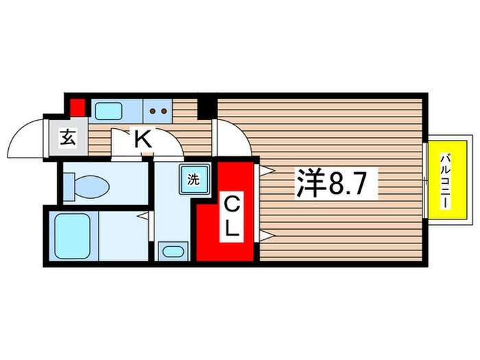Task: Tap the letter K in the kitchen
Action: [142, 139]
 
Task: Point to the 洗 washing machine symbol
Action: [193, 181]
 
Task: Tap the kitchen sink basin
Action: [108, 110]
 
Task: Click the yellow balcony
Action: [446, 180]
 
